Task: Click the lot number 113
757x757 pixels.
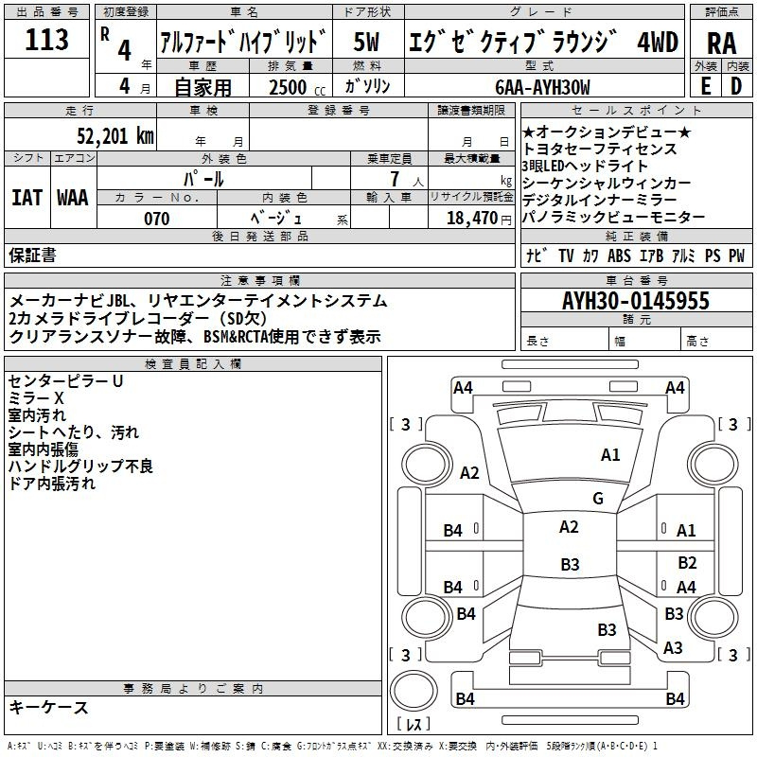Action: [46, 39]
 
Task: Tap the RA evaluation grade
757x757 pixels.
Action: [722, 43]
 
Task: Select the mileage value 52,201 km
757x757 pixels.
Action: [115, 136]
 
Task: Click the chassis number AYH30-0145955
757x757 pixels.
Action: [636, 300]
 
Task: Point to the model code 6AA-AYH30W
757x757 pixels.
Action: [542, 87]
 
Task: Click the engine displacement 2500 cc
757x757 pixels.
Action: [297, 87]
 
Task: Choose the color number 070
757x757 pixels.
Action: [157, 219]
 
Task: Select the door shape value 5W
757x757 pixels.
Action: [366, 42]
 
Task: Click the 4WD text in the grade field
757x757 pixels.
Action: [658, 42]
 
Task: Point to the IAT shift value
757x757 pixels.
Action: [26, 198]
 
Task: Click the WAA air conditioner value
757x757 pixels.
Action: [73, 198]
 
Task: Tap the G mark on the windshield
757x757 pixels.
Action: [598, 499]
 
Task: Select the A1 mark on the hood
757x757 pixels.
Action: [610, 455]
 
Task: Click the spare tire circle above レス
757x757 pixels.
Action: [414, 690]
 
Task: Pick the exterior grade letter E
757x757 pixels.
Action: [706, 86]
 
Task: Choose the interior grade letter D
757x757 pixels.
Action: [736, 86]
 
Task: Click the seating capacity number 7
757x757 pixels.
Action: [395, 179]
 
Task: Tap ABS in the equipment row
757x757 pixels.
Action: [619, 255]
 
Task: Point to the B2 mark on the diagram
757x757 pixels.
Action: [687, 562]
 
